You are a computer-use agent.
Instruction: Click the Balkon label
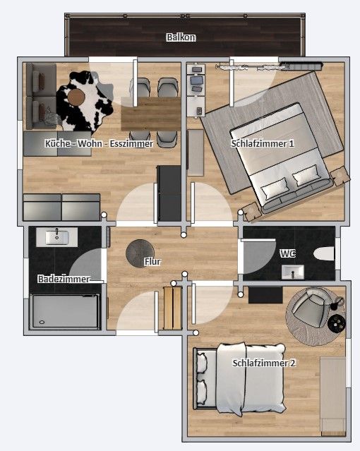click(181, 37)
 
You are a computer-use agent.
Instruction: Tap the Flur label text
click(152, 261)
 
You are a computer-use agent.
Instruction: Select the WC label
click(288, 253)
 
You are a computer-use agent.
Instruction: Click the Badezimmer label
click(64, 279)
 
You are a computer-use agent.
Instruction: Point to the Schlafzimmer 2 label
click(264, 363)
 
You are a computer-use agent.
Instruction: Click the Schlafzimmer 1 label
click(263, 143)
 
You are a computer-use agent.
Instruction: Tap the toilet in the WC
click(324, 253)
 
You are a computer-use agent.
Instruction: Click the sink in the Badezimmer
click(56, 237)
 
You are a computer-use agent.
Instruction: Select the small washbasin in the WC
click(293, 272)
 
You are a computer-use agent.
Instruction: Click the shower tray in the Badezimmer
click(65, 311)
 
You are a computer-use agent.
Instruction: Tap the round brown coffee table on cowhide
click(76, 97)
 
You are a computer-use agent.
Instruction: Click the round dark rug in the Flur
click(140, 253)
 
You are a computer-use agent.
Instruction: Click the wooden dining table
click(151, 114)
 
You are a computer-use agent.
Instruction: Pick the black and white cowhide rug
click(84, 101)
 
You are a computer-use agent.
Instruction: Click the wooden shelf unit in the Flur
click(173, 308)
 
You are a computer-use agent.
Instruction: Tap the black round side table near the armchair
click(337, 323)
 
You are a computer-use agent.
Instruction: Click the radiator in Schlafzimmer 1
click(301, 66)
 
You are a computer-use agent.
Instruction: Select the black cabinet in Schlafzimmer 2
click(265, 295)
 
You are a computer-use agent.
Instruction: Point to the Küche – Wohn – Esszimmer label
click(99, 143)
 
